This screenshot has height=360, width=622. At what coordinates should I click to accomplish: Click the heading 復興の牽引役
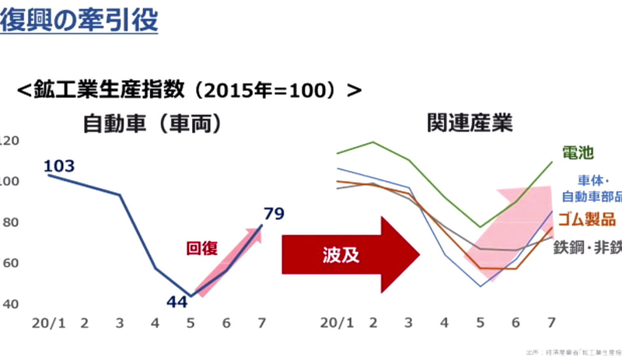[x=79, y=20]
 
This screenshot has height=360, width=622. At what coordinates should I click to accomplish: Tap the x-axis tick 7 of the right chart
[x=550, y=321]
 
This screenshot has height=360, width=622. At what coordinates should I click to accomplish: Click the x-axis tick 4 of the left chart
[x=155, y=321]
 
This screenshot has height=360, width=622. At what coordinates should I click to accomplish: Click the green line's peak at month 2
[x=374, y=142]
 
